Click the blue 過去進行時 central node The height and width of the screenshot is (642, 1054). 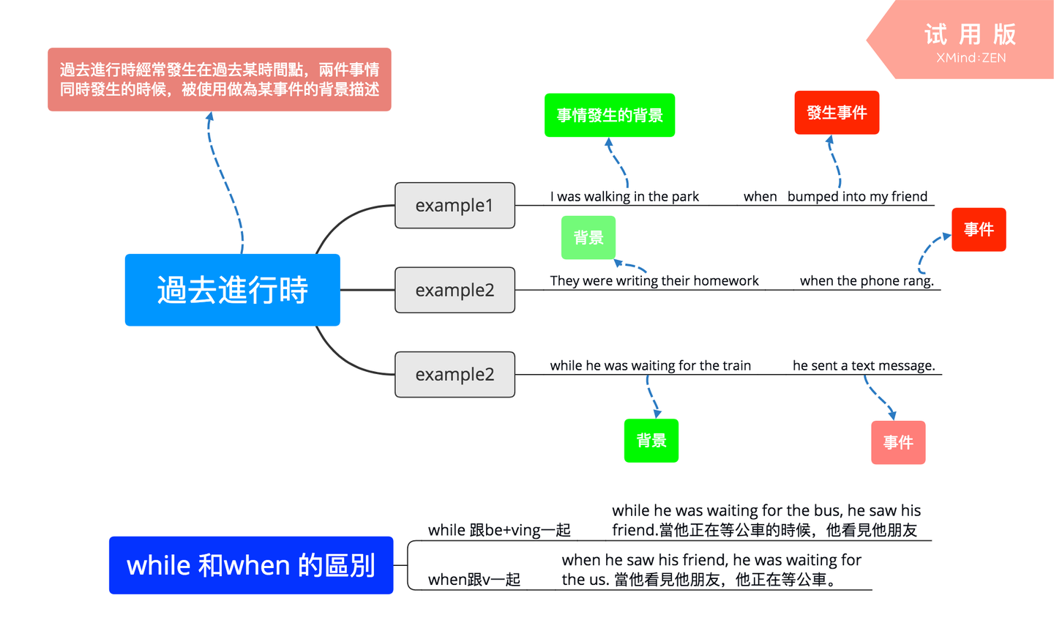(x=232, y=290)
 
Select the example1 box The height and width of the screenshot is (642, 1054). (x=455, y=206)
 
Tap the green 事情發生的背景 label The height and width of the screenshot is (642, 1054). (x=609, y=115)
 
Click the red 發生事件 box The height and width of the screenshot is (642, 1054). (x=837, y=113)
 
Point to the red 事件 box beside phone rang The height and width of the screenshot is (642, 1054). (x=978, y=230)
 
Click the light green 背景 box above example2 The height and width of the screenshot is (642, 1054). (x=588, y=238)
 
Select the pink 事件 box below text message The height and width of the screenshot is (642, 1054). (x=897, y=442)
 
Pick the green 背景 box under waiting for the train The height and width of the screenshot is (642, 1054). (x=651, y=441)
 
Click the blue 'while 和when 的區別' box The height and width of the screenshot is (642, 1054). (x=251, y=565)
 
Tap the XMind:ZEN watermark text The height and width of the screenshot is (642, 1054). (x=971, y=58)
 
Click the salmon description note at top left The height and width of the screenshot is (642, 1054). (x=220, y=80)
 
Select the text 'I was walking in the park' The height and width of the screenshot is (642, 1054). (x=624, y=196)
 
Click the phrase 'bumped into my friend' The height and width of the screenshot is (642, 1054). (x=857, y=196)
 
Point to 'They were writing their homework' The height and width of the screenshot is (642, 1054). (x=654, y=280)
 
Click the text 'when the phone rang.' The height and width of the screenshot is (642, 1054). (x=867, y=280)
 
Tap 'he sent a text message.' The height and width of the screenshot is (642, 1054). (x=864, y=365)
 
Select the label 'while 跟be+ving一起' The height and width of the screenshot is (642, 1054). (x=499, y=530)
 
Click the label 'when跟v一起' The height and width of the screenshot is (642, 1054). (x=474, y=580)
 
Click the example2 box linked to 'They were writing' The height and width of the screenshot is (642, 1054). (x=455, y=290)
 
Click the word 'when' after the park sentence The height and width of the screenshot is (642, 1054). (x=760, y=196)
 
